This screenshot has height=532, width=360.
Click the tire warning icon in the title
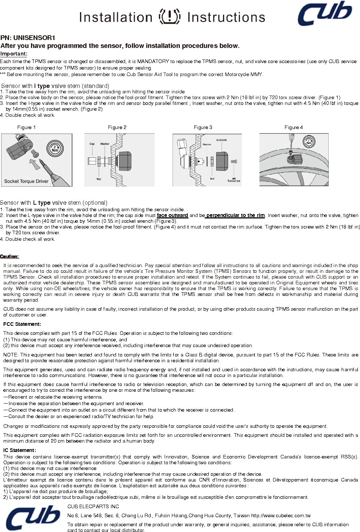click(x=169, y=16)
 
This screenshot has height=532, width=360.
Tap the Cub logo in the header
click(x=325, y=13)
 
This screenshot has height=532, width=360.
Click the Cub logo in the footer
click(x=33, y=518)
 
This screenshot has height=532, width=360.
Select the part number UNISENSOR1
click(x=34, y=38)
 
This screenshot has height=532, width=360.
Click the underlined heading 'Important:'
click(x=14, y=54)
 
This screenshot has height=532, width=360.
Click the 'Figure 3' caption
click(x=203, y=127)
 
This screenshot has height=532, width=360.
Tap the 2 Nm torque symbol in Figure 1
click(x=55, y=148)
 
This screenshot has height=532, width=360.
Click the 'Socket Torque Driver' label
click(x=26, y=181)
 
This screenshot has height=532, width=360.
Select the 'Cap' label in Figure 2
click(x=92, y=144)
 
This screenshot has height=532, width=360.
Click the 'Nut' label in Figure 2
click(x=99, y=179)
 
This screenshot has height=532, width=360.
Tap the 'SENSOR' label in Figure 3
click(x=221, y=140)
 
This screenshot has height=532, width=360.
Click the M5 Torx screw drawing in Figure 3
click(x=234, y=161)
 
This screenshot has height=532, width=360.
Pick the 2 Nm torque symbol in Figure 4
click(x=309, y=142)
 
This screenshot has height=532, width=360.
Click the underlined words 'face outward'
click(x=172, y=216)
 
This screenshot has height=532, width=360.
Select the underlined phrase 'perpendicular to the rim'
click(x=235, y=216)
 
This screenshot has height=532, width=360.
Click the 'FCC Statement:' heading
click(x=22, y=324)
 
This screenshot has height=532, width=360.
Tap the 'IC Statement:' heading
click(x=20, y=450)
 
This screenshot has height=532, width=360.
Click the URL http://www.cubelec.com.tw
click(x=281, y=516)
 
